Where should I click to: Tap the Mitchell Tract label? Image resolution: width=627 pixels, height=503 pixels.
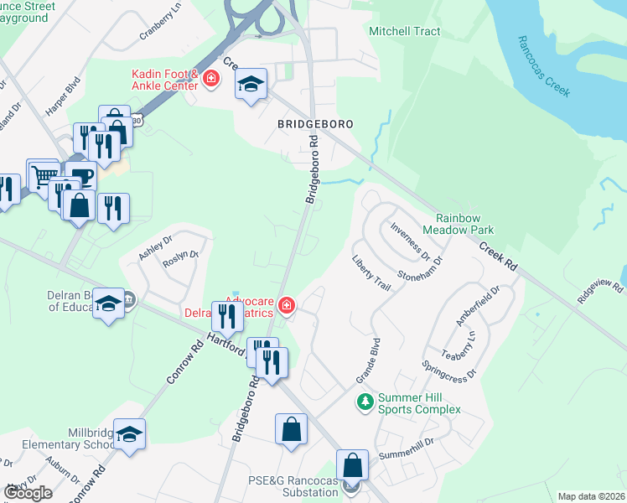405,31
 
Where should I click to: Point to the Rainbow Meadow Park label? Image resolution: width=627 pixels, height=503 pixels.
458,224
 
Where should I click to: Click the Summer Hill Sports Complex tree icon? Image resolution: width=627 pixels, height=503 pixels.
365,402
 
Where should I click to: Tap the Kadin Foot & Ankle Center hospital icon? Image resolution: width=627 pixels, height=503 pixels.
210,80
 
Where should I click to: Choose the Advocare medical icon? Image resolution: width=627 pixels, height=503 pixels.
287,305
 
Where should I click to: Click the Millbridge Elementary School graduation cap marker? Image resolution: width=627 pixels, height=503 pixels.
129,434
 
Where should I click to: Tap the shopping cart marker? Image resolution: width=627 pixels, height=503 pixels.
42,175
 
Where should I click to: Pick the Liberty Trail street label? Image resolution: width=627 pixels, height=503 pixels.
371,273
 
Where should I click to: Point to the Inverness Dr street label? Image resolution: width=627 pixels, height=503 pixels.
410,240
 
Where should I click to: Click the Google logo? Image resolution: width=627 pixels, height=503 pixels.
28,493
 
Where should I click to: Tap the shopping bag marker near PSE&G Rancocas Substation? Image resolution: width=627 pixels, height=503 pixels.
353,465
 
